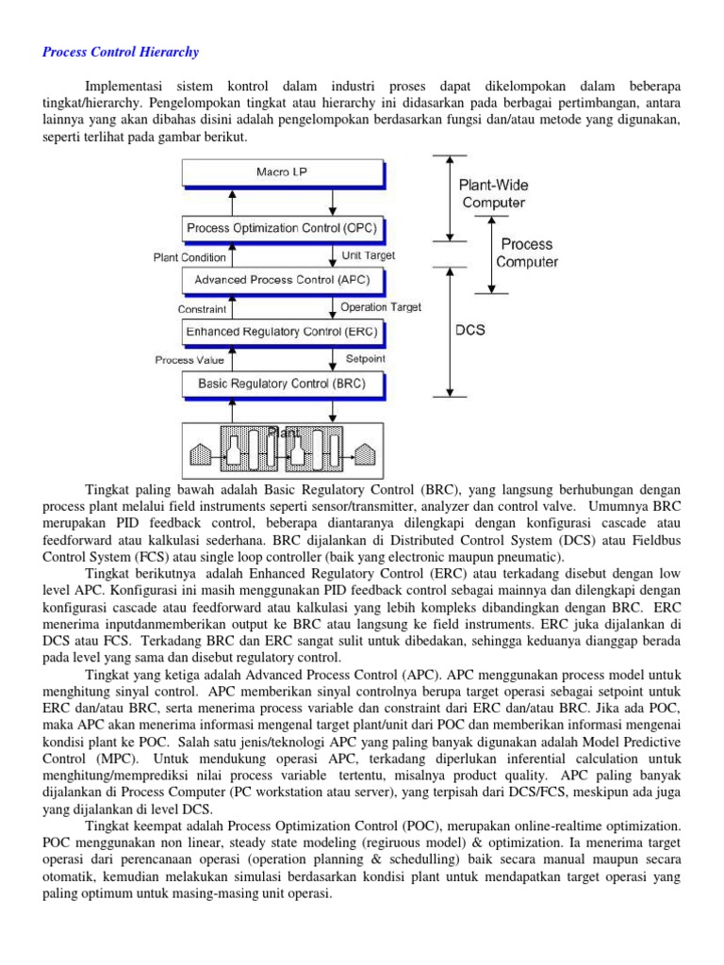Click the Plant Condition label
[x=189, y=257]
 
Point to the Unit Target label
[x=369, y=255]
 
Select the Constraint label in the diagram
[x=203, y=309]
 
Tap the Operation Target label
[x=381, y=307]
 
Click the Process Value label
[x=189, y=360]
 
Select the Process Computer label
[x=527, y=253]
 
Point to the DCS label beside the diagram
[x=469, y=331]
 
